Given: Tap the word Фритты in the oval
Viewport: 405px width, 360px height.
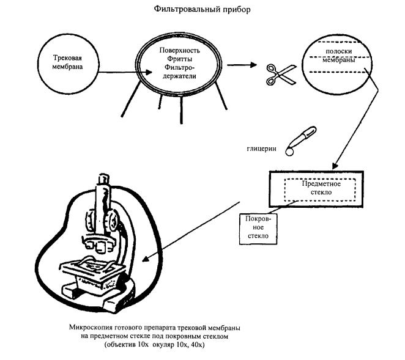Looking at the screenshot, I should tap(181, 59).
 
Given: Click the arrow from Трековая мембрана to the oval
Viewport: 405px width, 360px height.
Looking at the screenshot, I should tap(122, 72).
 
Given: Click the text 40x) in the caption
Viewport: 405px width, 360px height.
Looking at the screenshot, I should tap(196, 345).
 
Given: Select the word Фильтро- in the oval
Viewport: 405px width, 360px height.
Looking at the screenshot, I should tap(181, 68).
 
